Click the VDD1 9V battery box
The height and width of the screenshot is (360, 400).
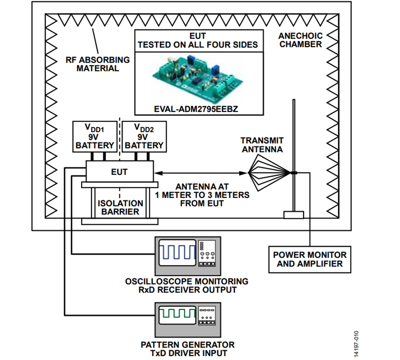tap(95, 137)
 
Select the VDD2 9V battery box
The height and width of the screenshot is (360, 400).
tap(144, 137)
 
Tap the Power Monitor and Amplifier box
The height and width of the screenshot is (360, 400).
tap(310, 259)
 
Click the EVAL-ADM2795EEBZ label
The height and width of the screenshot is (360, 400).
tap(196, 109)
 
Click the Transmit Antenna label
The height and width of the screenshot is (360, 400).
tap(262, 145)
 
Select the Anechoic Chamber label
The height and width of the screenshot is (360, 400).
tap(300, 40)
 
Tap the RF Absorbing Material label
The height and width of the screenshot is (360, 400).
tap(98, 64)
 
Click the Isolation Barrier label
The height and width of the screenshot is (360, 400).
tap(120, 207)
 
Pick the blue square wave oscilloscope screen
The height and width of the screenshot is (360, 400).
tap(177, 253)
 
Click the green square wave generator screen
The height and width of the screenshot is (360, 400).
tap(177, 315)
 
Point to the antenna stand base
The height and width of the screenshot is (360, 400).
tap(294, 215)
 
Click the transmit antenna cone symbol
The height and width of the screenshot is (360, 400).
tap(269, 173)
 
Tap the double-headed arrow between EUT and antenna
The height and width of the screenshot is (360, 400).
tap(200, 173)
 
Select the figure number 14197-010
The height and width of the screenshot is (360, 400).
tap(356, 344)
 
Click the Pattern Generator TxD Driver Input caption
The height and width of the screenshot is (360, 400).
tap(188, 349)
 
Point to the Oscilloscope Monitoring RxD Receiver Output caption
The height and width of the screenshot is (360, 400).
tap(187, 285)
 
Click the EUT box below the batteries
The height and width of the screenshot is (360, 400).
tap(120, 171)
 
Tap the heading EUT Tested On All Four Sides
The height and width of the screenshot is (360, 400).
tap(198, 40)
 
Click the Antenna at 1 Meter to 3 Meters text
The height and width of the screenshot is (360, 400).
tap(202, 195)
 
